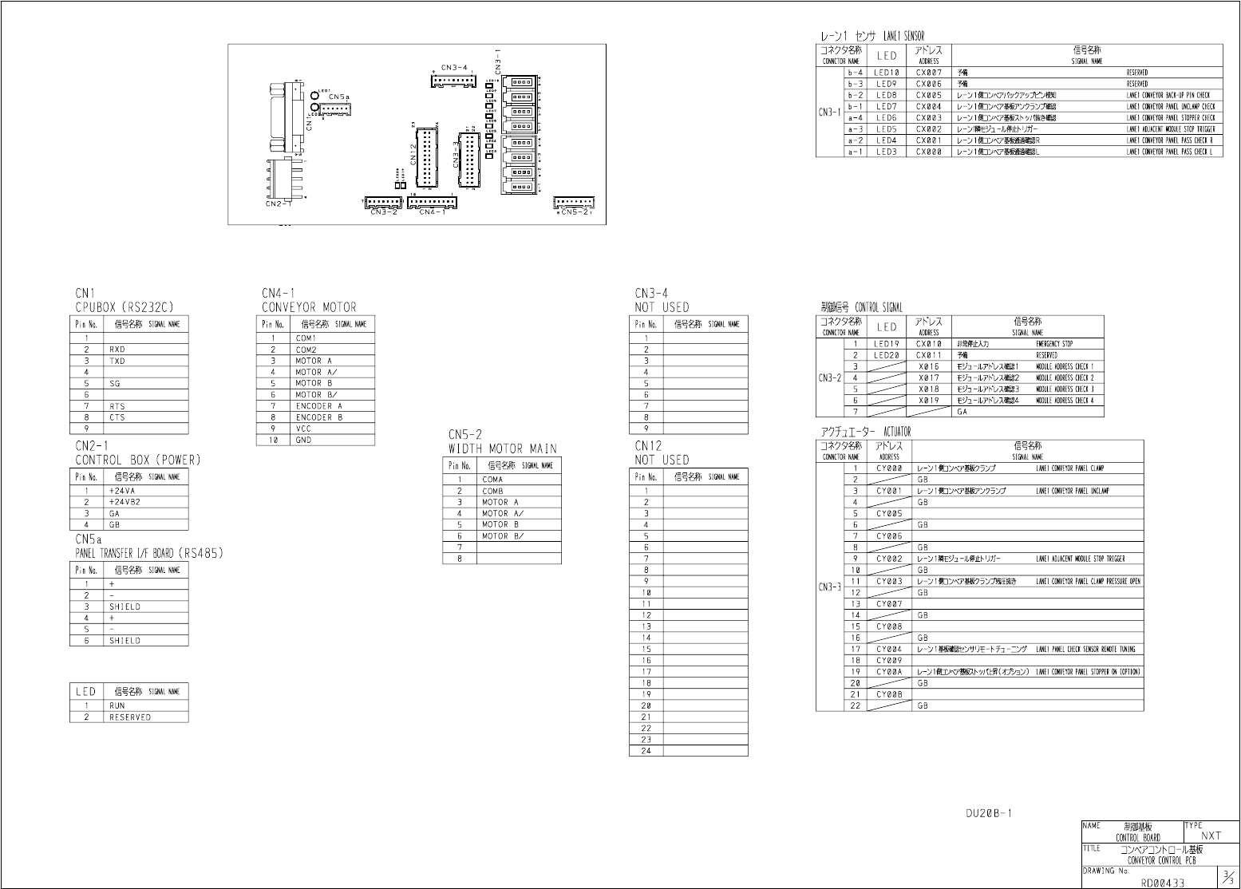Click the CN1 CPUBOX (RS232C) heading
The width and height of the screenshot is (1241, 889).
pyautogui.click(x=124, y=300)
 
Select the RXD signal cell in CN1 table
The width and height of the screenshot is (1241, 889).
pyautogui.click(x=117, y=350)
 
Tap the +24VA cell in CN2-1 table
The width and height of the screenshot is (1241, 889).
pyautogui.click(x=122, y=491)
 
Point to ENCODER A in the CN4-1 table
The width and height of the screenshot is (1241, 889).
pyautogui.click(x=318, y=406)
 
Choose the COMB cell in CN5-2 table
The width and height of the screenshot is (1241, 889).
pyautogui.click(x=492, y=491)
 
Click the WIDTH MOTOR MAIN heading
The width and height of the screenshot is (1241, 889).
pyautogui.click(x=502, y=448)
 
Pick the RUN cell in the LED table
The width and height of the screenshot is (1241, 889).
pyautogui.click(x=117, y=705)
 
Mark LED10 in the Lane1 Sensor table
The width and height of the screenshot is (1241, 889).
pyautogui.click(x=886, y=73)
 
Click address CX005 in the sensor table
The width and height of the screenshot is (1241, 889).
pyautogui.click(x=929, y=95)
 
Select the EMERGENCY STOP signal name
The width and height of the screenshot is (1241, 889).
pyautogui.click(x=1054, y=344)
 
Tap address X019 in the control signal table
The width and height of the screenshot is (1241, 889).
pyautogui.click(x=929, y=401)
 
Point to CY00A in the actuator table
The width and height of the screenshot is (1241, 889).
pyautogui.click(x=889, y=672)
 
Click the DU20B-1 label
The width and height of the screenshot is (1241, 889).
pyautogui.click(x=988, y=814)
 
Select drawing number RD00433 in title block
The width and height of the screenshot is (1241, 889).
pyautogui.click(x=1163, y=883)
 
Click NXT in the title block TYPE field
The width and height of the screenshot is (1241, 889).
pyautogui.click(x=1211, y=836)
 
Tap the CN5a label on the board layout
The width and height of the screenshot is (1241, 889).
pyautogui.click(x=338, y=97)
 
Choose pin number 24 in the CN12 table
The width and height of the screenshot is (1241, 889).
pyautogui.click(x=646, y=751)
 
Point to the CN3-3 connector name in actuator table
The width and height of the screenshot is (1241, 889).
pyautogui.click(x=830, y=587)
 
